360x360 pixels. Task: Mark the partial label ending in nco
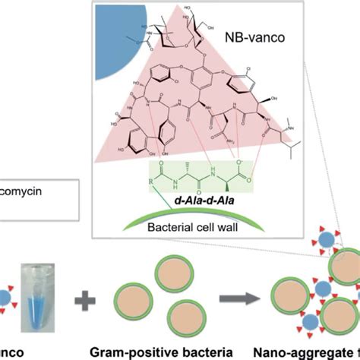point(15,351)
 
